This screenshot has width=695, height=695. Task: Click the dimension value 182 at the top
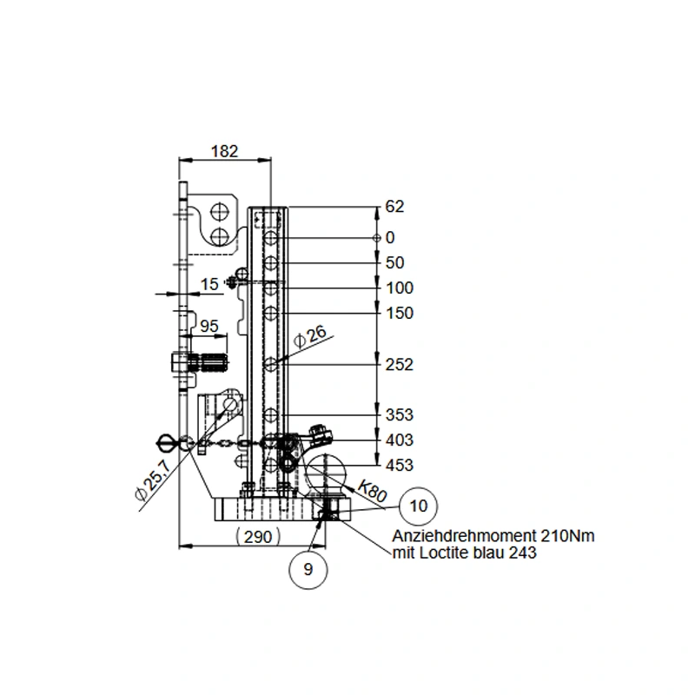(x=225, y=151)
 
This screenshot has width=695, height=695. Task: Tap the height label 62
(x=394, y=207)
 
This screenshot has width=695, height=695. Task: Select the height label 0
(x=390, y=238)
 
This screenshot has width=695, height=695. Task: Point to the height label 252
(x=400, y=365)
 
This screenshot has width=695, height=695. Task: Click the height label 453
(x=400, y=466)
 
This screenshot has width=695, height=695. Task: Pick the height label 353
(x=400, y=415)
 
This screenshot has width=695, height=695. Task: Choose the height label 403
(x=400, y=440)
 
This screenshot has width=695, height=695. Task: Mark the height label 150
(x=400, y=314)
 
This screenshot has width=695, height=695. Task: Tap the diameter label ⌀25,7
(x=153, y=480)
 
